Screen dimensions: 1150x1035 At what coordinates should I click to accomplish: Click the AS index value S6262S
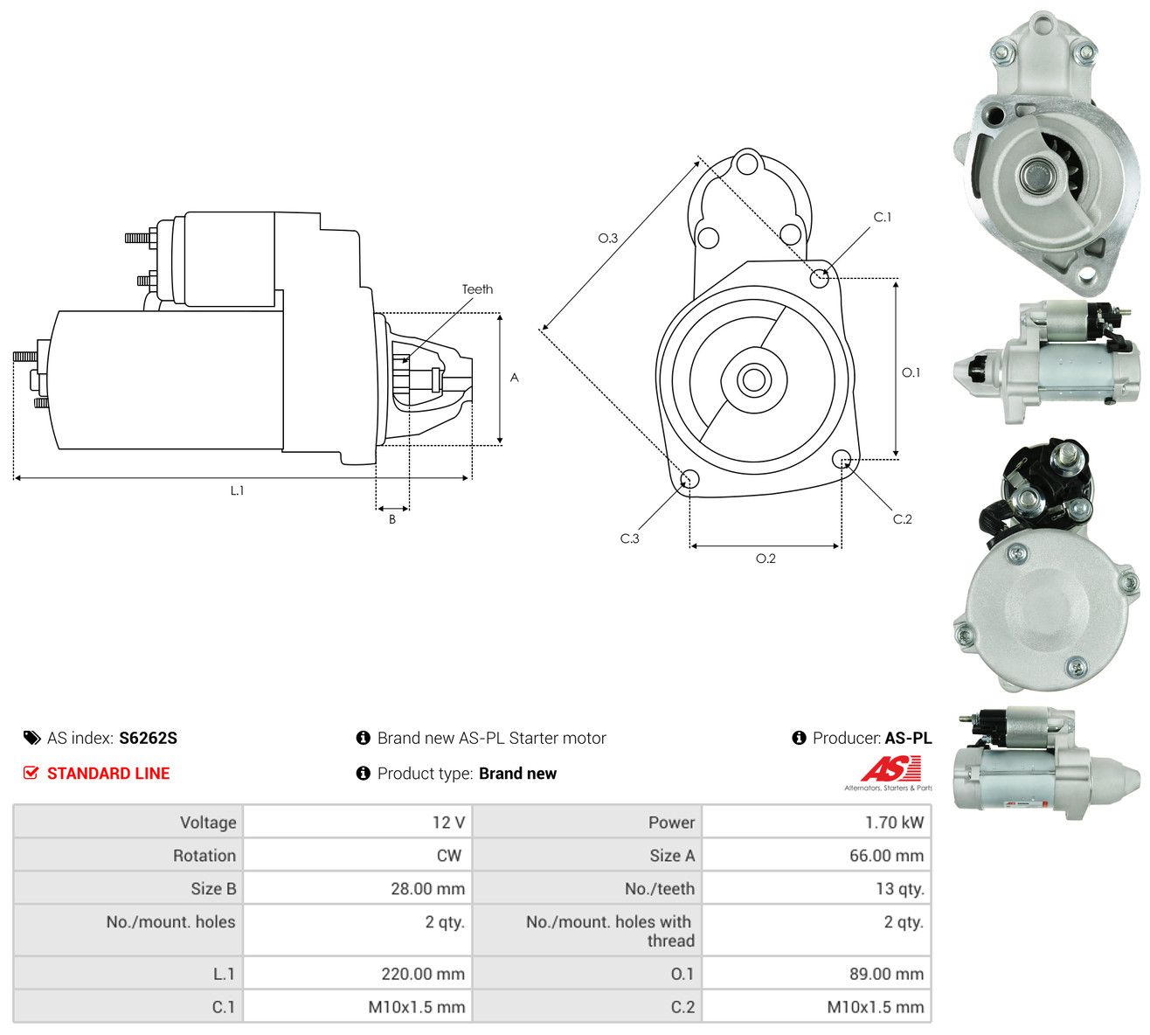click(148, 738)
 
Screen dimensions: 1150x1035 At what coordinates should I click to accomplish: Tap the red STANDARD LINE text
click(108, 774)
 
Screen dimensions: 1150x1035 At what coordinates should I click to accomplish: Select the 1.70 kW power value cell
click(894, 823)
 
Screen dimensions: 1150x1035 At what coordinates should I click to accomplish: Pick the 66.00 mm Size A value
click(886, 856)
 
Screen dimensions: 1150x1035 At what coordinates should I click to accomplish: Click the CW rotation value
click(449, 856)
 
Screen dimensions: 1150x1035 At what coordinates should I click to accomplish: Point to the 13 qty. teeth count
click(899, 889)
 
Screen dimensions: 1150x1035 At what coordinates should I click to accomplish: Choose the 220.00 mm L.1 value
click(423, 974)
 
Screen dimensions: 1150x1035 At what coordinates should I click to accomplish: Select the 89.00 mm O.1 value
click(886, 974)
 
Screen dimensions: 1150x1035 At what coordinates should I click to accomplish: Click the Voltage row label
click(208, 823)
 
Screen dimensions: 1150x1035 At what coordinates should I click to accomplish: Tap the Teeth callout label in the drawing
click(477, 289)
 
